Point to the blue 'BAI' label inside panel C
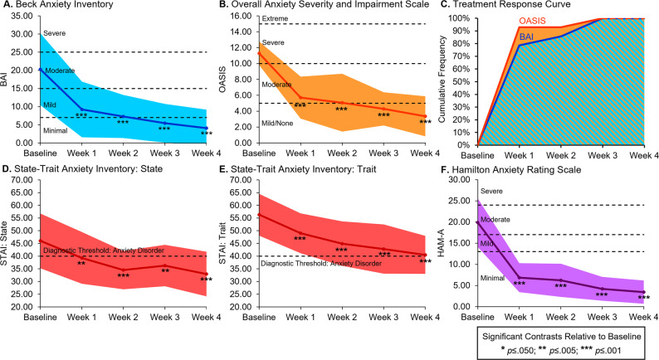528,36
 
